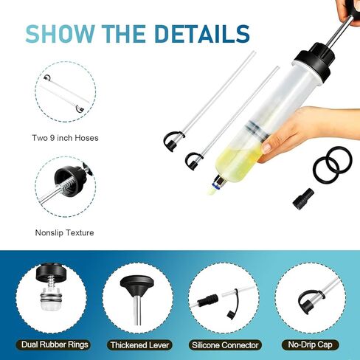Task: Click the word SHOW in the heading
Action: pos(60,34)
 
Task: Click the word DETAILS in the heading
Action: pos(203,34)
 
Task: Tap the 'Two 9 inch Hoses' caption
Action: pos(65,138)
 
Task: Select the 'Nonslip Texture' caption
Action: pos(64,232)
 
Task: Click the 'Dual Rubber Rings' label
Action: pos(55,345)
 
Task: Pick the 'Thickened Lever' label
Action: pos(139,345)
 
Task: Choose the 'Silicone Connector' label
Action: pos(225,345)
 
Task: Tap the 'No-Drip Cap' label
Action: pos(310,345)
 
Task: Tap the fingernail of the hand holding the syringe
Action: pos(266,148)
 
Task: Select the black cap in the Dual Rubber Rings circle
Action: pos(49,273)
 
